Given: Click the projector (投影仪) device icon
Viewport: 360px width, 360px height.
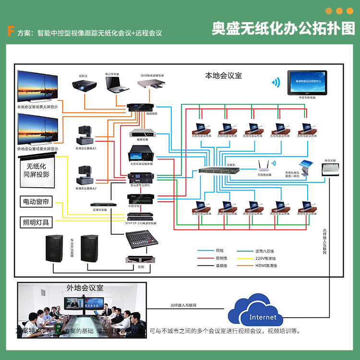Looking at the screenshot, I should (84, 87).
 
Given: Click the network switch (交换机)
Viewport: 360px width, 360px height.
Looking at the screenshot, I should (218, 171).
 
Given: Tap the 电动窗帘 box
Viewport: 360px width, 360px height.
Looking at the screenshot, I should (36, 202).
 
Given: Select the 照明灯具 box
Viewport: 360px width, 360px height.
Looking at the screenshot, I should (36, 222).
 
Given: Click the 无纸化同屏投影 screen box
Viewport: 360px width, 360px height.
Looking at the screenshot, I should (36, 170).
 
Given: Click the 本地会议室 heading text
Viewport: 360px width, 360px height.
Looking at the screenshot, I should (223, 75).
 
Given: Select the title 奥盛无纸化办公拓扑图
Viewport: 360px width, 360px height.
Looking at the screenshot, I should (283, 28).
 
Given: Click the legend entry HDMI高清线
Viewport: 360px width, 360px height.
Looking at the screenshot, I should (265, 265).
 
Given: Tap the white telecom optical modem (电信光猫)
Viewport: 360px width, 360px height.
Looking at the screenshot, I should (330, 168).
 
